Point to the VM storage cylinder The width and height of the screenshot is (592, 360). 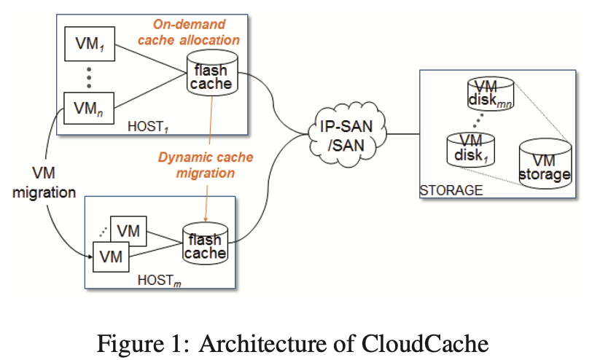click(x=545, y=165)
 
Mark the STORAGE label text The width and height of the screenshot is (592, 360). click(x=451, y=191)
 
